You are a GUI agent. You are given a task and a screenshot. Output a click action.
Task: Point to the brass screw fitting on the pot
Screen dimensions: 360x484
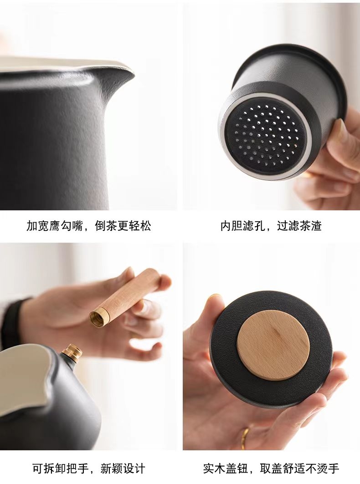point(72,352)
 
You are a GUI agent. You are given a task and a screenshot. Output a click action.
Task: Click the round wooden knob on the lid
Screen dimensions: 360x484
point(273,347)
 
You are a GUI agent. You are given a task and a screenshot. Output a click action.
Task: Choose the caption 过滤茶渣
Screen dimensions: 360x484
point(299,226)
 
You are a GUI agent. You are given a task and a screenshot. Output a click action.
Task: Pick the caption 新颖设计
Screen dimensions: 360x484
point(123,468)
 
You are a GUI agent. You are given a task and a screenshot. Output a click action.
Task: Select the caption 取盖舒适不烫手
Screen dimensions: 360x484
point(299,468)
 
